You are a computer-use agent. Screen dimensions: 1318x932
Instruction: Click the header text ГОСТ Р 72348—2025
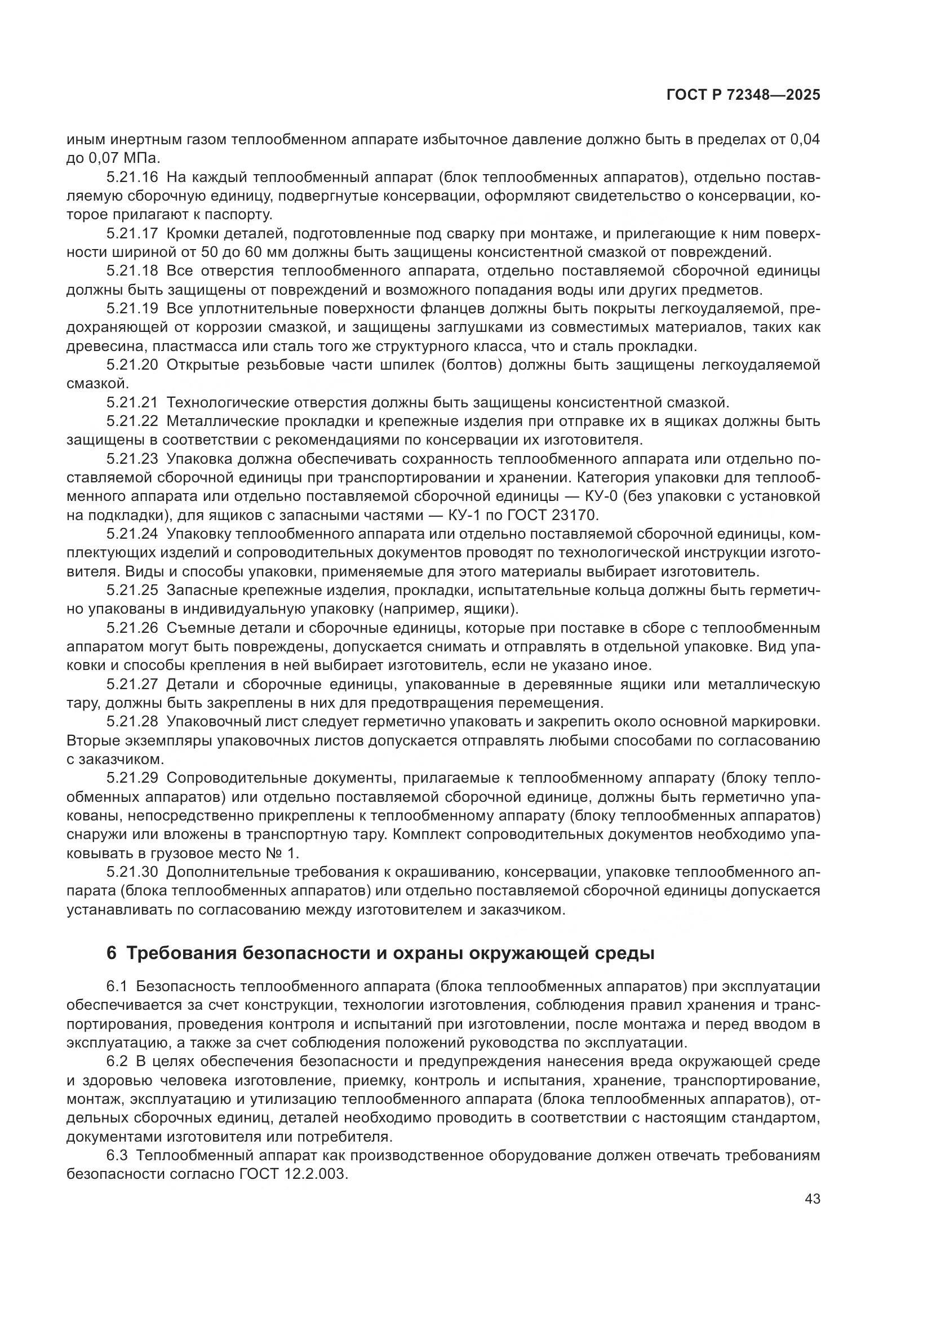coord(743,95)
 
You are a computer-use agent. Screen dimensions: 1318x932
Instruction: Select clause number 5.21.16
coord(132,178)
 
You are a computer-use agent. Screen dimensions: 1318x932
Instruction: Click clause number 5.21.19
coord(132,309)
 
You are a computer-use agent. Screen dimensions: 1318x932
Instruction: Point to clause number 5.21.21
coord(132,403)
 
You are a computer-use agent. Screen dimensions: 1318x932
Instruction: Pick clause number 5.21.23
coord(132,459)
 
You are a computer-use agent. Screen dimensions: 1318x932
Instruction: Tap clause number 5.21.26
coord(132,628)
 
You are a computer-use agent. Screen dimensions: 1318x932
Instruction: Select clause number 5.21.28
coord(132,722)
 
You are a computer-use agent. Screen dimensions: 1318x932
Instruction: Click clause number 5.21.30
coord(132,872)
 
